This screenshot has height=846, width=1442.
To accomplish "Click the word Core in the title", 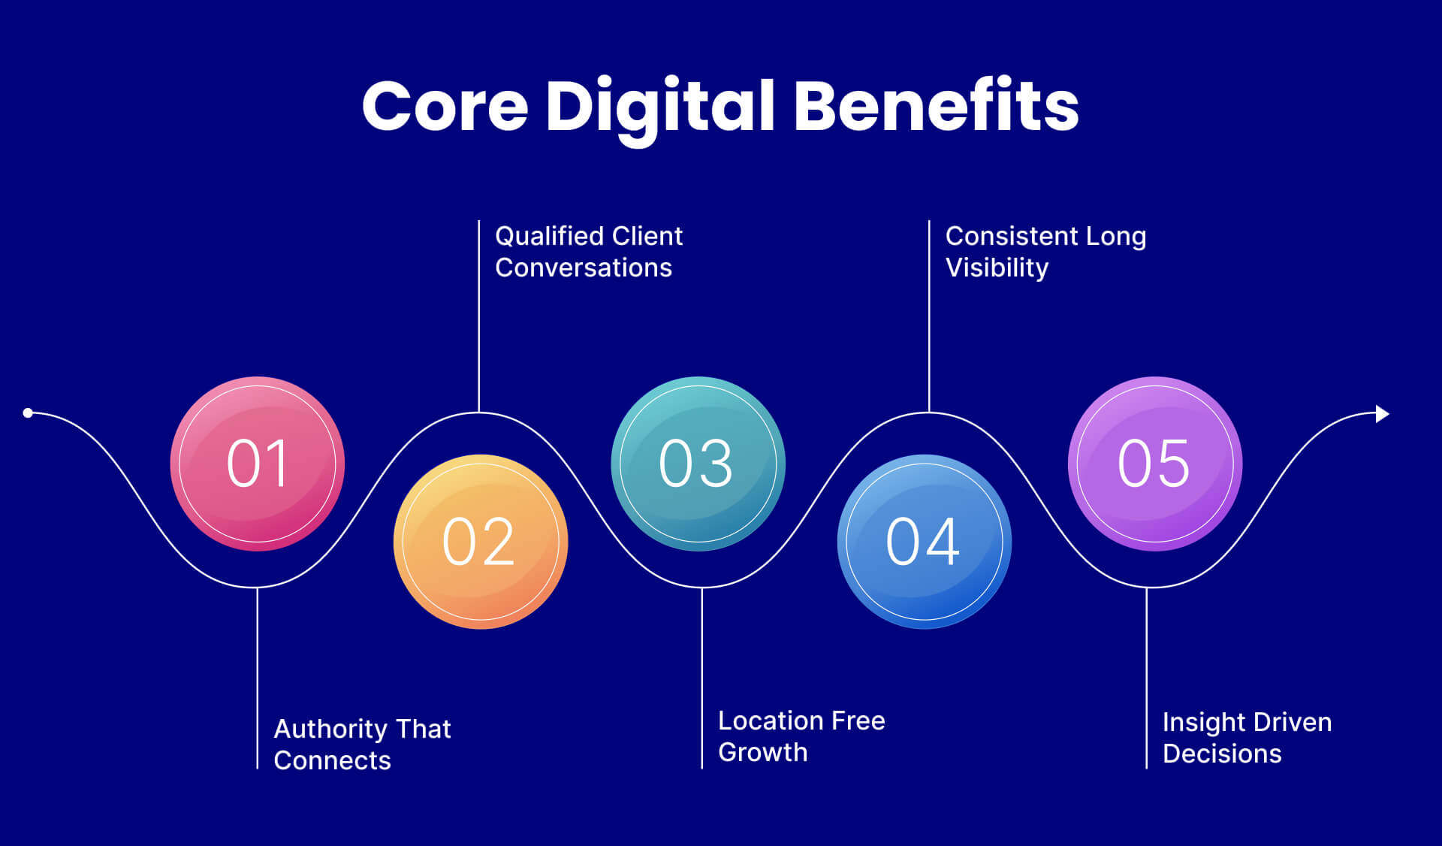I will coord(445,106).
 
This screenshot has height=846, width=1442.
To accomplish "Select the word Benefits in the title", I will coord(936,106).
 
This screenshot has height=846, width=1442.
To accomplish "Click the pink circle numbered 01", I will coord(258,464).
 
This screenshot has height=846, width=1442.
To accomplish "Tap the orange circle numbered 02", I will coord(481,542).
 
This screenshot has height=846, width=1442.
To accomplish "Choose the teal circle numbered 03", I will coord(698,464).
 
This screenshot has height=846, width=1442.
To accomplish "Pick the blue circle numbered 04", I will coord(925,542).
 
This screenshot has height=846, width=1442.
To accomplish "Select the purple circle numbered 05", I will coord(1154,464).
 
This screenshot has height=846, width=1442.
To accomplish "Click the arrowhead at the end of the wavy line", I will coord(1382,414).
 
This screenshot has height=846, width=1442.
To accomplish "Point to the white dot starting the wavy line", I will coord(28,412).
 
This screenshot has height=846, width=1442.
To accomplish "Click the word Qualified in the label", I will coord(538,237).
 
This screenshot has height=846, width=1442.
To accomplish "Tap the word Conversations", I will coord(584,268).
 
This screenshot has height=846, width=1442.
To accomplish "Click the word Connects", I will coord(332,761).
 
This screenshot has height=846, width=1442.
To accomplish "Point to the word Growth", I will coord(762,753).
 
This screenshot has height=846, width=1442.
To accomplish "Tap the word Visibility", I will coord(997,268).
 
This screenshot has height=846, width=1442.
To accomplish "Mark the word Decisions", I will coord(1222,754).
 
